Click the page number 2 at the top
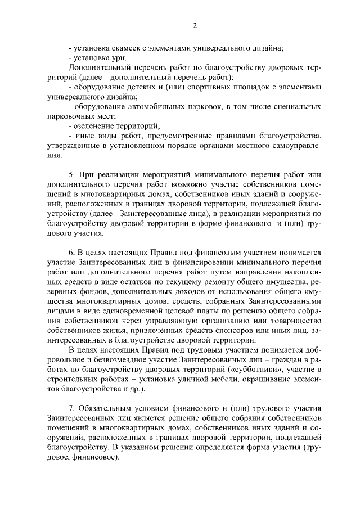pyautogui.click(x=194, y=25)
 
